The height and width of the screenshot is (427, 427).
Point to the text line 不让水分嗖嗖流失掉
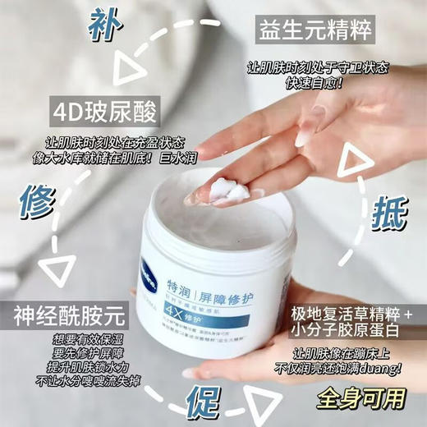[67, 382]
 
